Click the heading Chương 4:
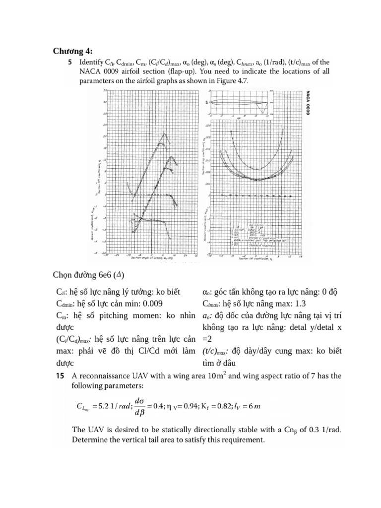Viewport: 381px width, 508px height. [72, 51]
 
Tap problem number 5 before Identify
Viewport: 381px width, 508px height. [69, 63]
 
